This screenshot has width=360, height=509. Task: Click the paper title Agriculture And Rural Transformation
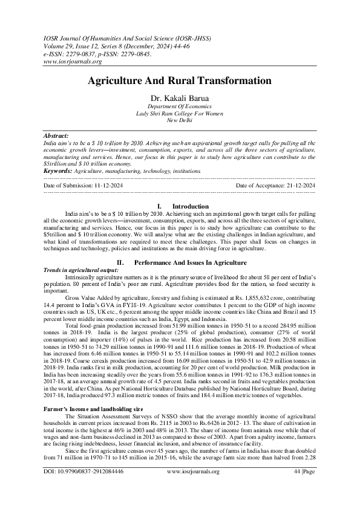click(x=180, y=80)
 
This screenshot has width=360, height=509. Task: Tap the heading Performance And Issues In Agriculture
click(x=190, y=262)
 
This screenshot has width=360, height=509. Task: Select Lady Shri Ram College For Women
click(x=180, y=114)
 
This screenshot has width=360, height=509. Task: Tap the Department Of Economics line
click(x=180, y=106)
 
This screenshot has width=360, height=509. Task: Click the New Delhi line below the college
click(x=180, y=121)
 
